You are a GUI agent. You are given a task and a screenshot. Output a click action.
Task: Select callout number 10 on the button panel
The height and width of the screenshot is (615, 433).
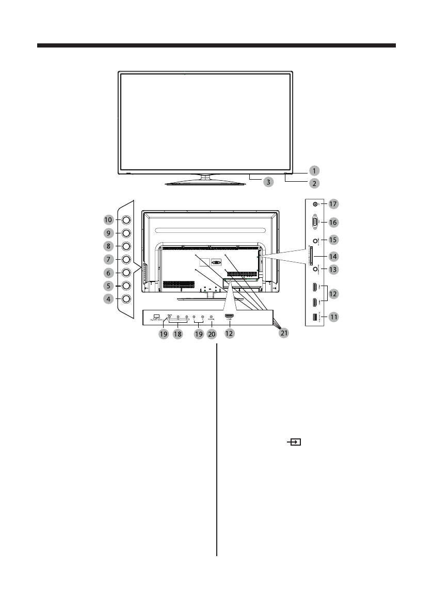108,219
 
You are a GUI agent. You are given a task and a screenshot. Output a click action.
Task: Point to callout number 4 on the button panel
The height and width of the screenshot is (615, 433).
108,298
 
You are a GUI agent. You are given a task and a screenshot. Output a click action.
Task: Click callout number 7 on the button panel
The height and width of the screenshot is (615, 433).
108,259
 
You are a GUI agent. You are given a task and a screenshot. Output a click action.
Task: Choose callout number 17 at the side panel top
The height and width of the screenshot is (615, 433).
333,204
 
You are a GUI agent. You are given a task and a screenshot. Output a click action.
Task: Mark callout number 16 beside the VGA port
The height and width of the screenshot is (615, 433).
333,222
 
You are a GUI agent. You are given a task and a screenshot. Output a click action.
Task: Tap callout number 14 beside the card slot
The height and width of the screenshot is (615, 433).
333,256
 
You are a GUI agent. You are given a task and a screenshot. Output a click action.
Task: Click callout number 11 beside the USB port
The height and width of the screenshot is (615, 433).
333,317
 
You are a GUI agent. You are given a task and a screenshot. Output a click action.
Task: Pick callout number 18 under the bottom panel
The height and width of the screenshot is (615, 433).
178,334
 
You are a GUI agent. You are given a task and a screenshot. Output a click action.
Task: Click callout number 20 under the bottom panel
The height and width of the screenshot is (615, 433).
211,334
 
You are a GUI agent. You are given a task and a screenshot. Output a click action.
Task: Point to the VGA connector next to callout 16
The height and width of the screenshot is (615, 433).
315,222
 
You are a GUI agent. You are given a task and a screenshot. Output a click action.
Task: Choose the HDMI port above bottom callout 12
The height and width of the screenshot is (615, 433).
229,316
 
